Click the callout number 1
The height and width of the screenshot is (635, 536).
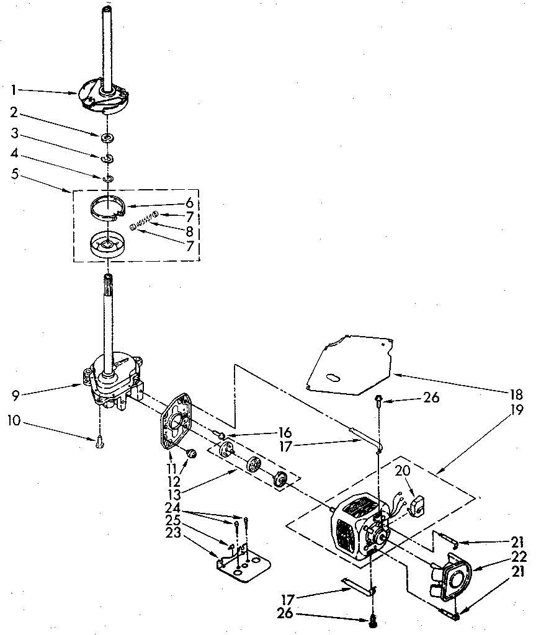(14, 90)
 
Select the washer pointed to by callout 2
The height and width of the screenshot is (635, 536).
(108, 136)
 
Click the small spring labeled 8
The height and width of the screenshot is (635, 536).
(145, 221)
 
